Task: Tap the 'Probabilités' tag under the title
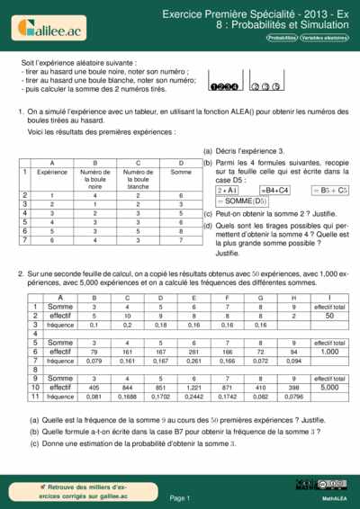(281, 39)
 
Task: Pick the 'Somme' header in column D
(181, 171)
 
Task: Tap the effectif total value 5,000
(329, 388)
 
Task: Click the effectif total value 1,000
(329, 352)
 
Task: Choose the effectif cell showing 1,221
(193, 388)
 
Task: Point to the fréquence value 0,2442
(193, 397)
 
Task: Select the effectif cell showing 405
(94, 388)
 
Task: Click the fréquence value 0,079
(94, 361)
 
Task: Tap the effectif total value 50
(329, 316)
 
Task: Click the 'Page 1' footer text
(179, 496)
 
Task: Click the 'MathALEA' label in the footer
(335, 497)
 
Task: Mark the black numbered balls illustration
(223, 86)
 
